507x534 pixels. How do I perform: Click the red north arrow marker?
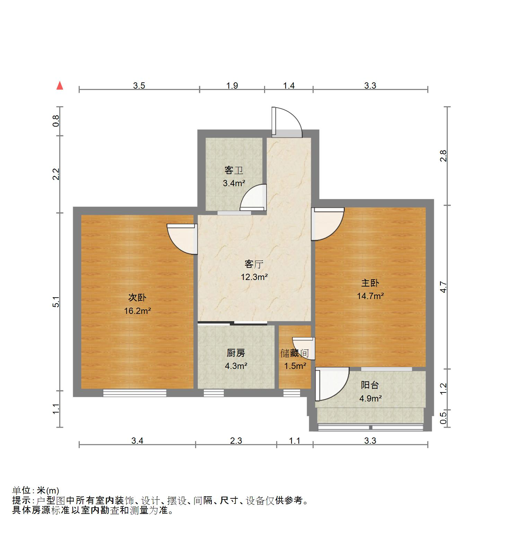(x=60, y=85)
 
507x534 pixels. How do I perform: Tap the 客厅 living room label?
(x=254, y=264)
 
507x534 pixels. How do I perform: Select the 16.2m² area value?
(x=138, y=311)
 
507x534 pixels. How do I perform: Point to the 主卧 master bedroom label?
(x=370, y=283)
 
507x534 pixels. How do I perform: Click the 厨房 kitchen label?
(x=236, y=353)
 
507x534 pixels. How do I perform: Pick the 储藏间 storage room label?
(x=295, y=353)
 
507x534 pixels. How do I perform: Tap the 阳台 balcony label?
(x=370, y=385)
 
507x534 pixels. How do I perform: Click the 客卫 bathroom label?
(x=234, y=170)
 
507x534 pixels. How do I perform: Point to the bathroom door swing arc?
(x=253, y=198)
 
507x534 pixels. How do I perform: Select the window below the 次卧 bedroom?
(x=135, y=393)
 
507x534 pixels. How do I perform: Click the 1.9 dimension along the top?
(x=232, y=85)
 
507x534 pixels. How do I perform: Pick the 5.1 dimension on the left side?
(x=56, y=302)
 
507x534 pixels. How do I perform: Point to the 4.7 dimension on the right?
(x=444, y=288)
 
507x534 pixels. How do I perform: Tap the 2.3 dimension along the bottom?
(x=236, y=441)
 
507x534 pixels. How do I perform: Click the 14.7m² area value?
(x=370, y=296)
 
